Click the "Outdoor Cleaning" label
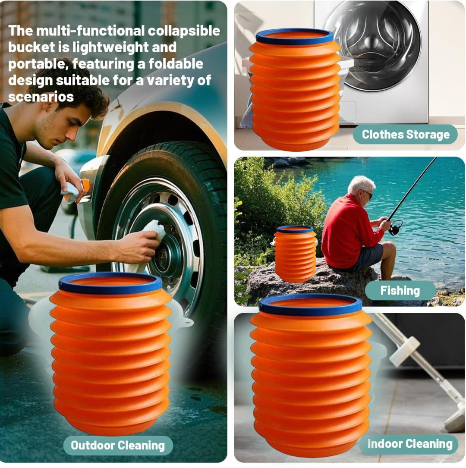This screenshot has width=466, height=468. click(x=118, y=445)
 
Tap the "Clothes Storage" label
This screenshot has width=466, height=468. click(x=406, y=135)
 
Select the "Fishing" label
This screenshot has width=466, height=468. click(x=400, y=291)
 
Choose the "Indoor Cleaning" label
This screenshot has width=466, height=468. click(x=409, y=444)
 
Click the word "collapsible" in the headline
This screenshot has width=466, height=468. click(x=183, y=31)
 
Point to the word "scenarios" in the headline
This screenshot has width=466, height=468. click(x=41, y=97)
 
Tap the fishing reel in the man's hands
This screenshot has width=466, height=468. click(x=395, y=227)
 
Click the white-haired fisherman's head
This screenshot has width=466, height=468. click(x=361, y=188)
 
